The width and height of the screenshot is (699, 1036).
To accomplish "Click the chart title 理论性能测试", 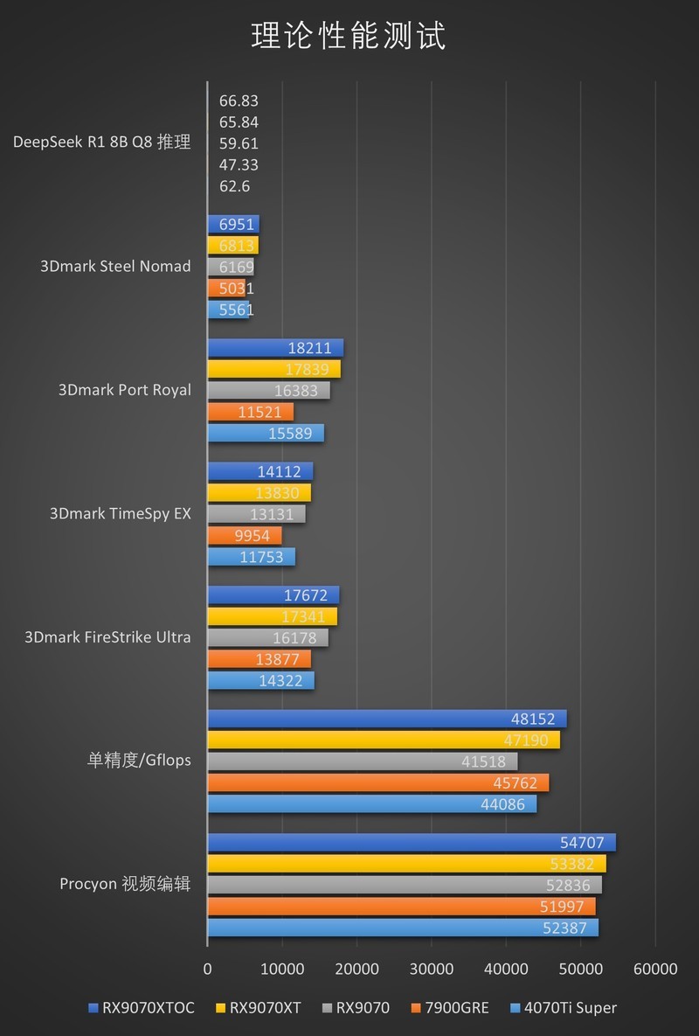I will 349,37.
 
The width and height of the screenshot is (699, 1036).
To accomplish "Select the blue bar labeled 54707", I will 411,843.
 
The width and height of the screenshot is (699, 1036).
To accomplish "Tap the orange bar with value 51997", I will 401,907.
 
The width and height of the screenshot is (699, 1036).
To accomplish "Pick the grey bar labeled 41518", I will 362,761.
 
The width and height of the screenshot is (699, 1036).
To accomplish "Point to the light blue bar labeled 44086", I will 371,804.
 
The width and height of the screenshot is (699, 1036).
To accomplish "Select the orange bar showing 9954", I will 244,536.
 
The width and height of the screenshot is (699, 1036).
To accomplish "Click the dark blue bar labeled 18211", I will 275,348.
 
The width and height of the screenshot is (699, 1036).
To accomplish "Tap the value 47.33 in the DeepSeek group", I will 239,164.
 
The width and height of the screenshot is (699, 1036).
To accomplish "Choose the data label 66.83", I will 239,101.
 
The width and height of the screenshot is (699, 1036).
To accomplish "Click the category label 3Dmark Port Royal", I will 124,390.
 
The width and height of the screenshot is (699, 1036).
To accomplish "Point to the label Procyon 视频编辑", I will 125,884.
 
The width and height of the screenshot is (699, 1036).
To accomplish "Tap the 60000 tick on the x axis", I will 655,969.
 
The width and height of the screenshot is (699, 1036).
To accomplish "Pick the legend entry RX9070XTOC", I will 147,1008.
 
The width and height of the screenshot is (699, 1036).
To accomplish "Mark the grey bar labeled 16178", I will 267,638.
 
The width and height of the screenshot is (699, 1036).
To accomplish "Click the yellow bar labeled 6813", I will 232,246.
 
